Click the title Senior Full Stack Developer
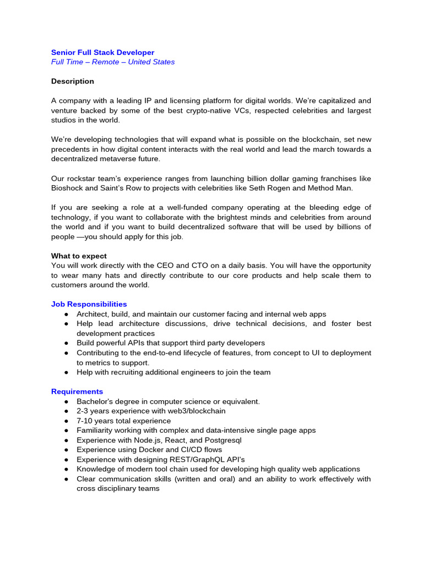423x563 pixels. (x=102, y=53)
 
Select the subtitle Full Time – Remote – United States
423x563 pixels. (x=113, y=62)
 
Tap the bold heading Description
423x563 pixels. (x=73, y=81)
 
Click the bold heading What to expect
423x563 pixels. (x=79, y=256)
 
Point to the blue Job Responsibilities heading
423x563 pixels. (x=89, y=304)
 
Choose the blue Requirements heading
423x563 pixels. (x=77, y=391)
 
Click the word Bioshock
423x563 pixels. (x=67, y=189)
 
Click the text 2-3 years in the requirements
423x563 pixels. (x=91, y=411)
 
